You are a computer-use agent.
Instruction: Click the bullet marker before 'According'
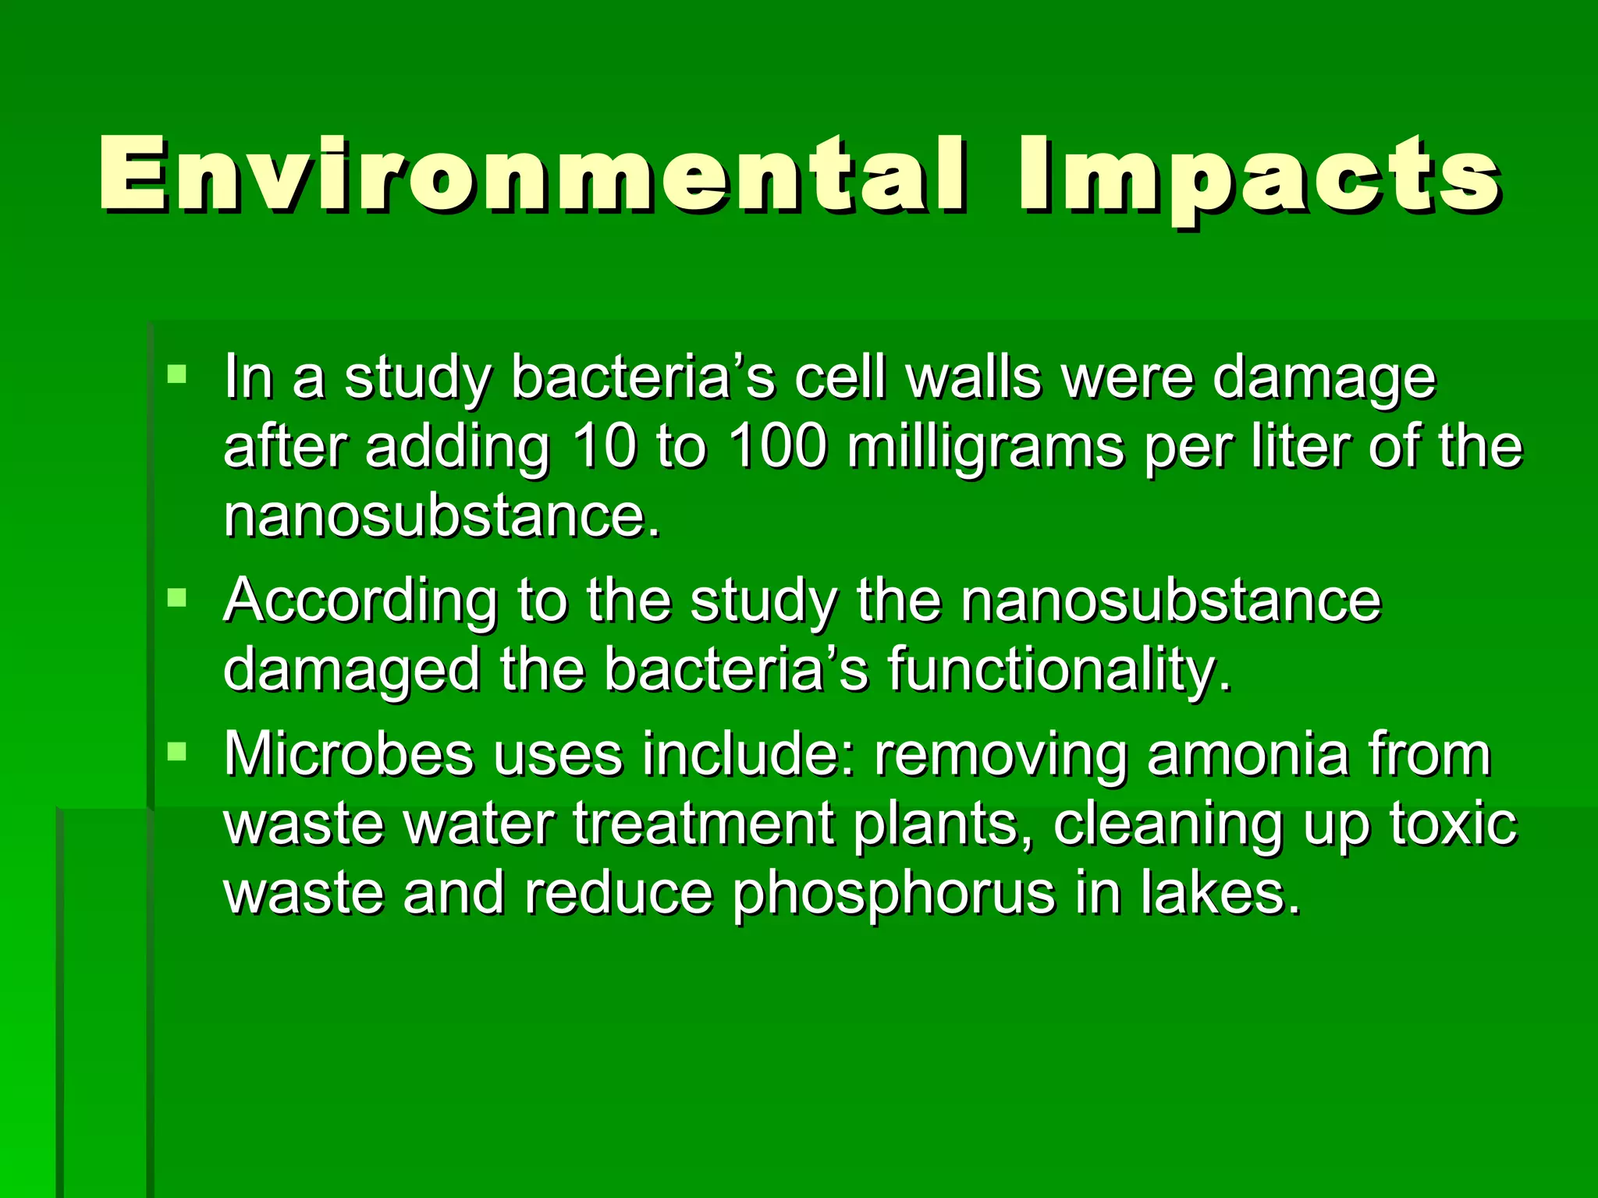(x=177, y=598)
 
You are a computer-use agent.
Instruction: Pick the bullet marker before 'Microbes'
(x=177, y=752)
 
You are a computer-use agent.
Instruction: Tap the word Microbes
(x=349, y=754)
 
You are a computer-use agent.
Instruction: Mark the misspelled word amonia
(x=1248, y=754)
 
